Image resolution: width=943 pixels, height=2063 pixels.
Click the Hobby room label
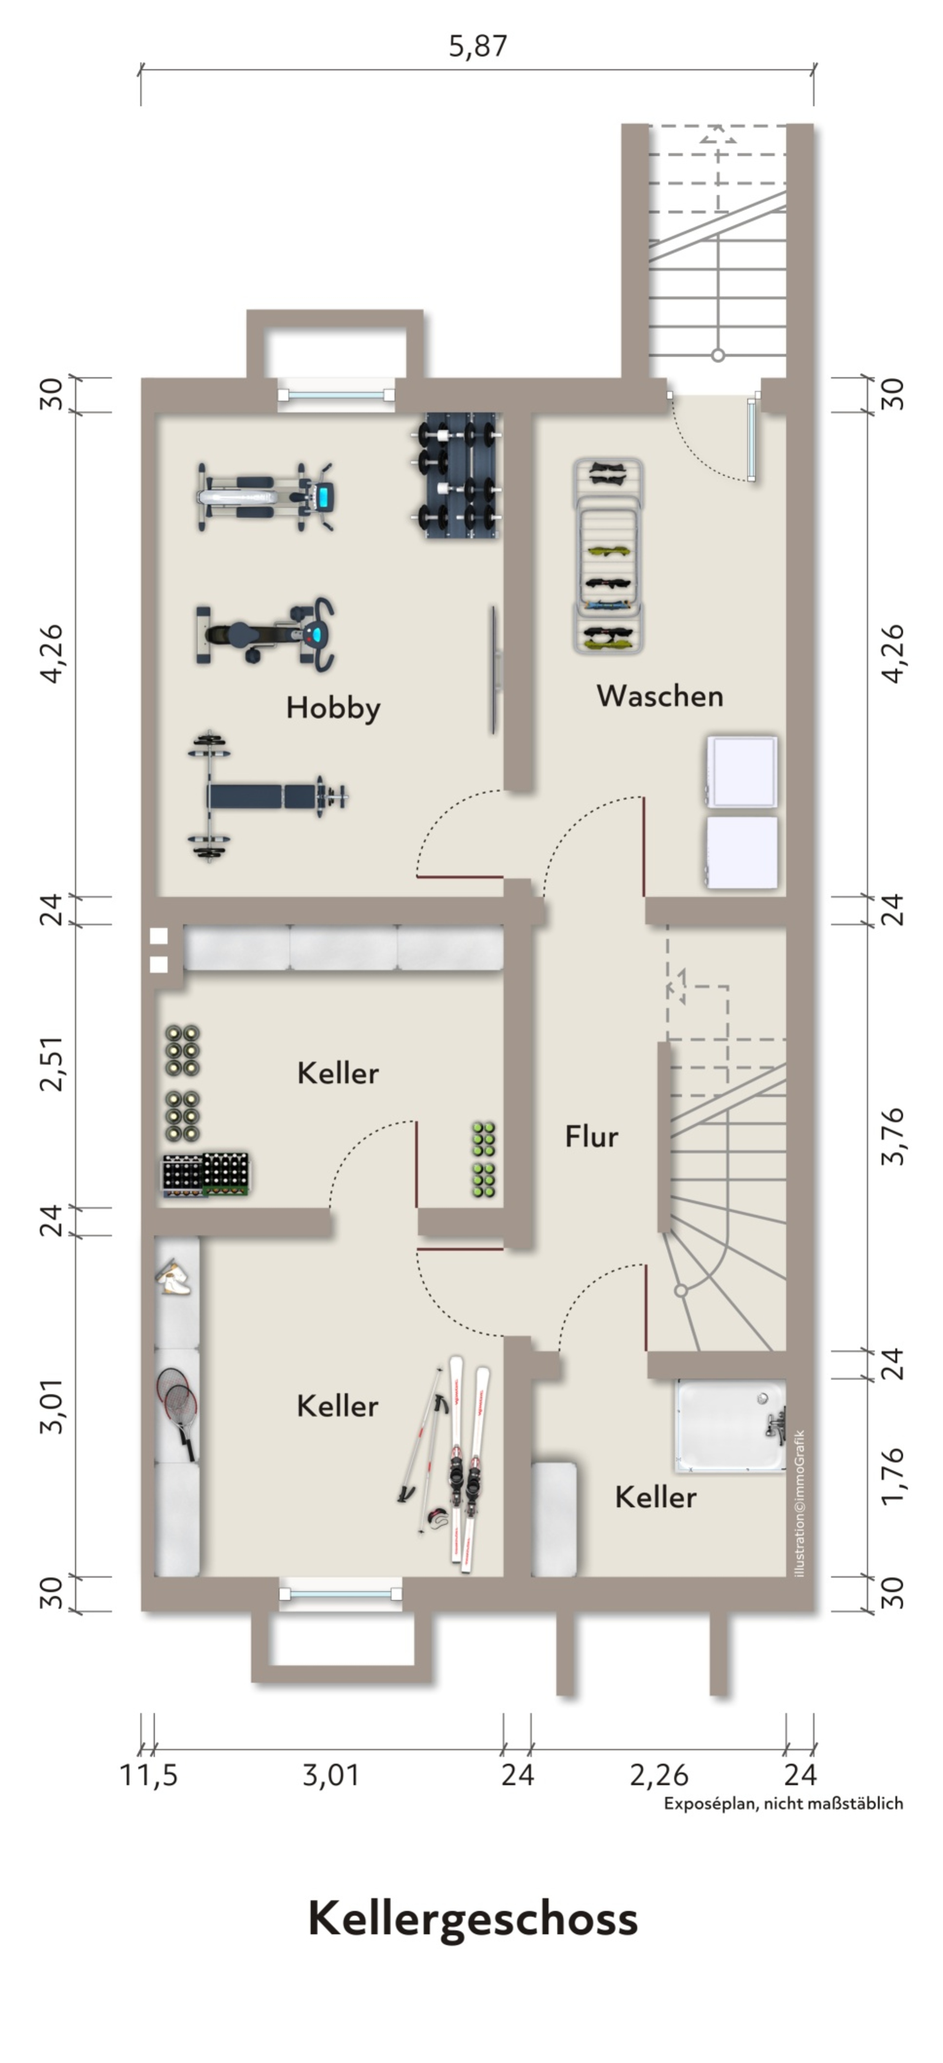[x=333, y=708]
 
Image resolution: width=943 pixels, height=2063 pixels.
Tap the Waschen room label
[x=660, y=696]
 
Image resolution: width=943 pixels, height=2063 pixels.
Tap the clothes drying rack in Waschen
[x=608, y=556]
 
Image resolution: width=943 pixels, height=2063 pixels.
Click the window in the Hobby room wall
[x=336, y=395]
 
